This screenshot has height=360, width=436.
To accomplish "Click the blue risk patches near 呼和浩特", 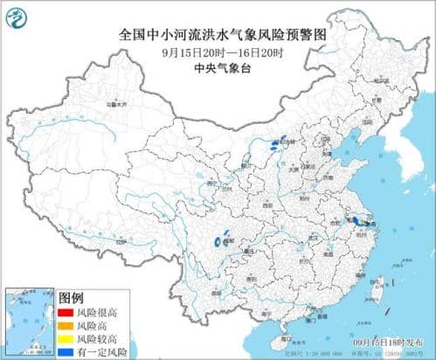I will (277, 144).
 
